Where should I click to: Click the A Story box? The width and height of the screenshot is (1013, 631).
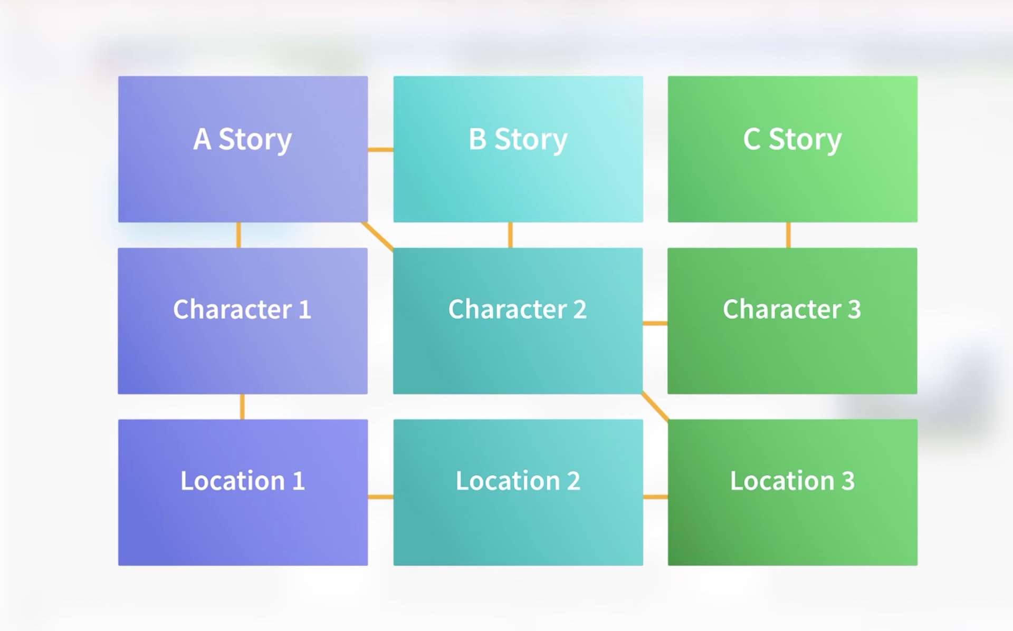click(243, 149)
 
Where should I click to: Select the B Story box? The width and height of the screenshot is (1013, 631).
click(518, 149)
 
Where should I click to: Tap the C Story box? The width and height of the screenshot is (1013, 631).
click(792, 149)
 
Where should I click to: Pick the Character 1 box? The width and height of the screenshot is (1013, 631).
click(243, 321)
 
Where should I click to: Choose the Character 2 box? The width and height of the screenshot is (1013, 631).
click(518, 321)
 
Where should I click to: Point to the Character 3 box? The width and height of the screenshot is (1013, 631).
click(792, 321)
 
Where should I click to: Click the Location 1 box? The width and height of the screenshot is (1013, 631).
click(243, 492)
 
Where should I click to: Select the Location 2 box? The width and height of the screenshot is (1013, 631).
click(518, 492)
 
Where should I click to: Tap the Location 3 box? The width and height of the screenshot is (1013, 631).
click(792, 492)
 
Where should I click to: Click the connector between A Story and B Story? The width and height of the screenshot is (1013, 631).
click(380, 150)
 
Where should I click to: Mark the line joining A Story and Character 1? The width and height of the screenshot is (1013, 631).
click(238, 235)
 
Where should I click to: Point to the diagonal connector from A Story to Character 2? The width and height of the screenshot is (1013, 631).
click(378, 236)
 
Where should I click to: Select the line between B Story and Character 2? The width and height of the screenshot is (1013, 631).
click(510, 235)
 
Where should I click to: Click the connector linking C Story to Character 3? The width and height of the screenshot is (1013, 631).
click(788, 235)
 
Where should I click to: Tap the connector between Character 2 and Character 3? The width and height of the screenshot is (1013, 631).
click(655, 323)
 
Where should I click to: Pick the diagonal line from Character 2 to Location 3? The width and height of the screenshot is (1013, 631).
click(655, 406)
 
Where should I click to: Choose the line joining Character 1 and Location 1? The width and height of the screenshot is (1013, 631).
click(242, 406)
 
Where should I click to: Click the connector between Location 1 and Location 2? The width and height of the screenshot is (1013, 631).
click(380, 497)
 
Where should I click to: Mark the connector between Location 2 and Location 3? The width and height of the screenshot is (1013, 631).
click(655, 497)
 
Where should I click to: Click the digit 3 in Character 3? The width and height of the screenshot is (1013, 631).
click(854, 309)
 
